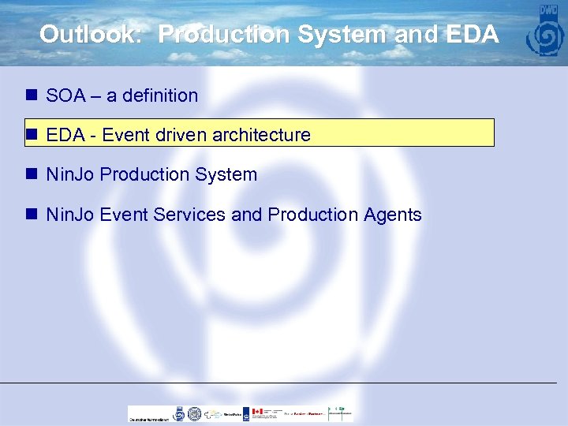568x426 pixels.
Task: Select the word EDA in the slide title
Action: tap(471, 35)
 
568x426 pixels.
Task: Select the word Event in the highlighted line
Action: tap(125, 135)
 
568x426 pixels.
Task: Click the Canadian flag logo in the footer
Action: tap(256, 412)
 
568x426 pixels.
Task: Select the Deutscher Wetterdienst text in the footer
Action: tap(149, 419)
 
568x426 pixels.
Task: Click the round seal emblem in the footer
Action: tap(179, 413)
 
